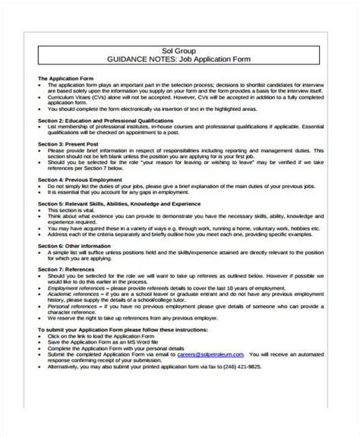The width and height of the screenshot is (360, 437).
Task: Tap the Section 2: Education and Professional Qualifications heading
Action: pyautogui.click(x=104, y=121)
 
